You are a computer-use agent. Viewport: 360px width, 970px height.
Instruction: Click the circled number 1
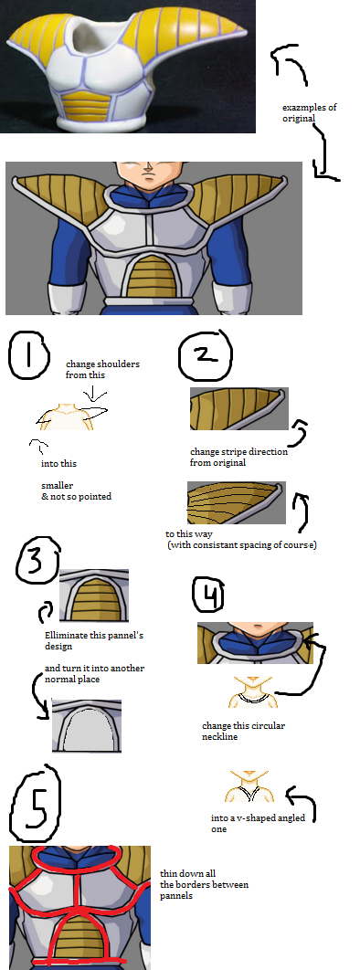[x=27, y=355]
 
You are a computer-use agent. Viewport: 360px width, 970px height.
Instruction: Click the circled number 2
[x=205, y=354]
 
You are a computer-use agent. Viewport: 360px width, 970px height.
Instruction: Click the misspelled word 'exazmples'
[x=300, y=108]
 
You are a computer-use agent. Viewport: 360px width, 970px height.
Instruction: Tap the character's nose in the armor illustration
[x=147, y=169]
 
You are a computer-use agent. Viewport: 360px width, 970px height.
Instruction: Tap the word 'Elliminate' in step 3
[x=66, y=636]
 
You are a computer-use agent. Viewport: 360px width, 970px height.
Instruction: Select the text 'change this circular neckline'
[x=244, y=731]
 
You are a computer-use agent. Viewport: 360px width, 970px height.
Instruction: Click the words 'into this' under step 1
[x=58, y=463]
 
